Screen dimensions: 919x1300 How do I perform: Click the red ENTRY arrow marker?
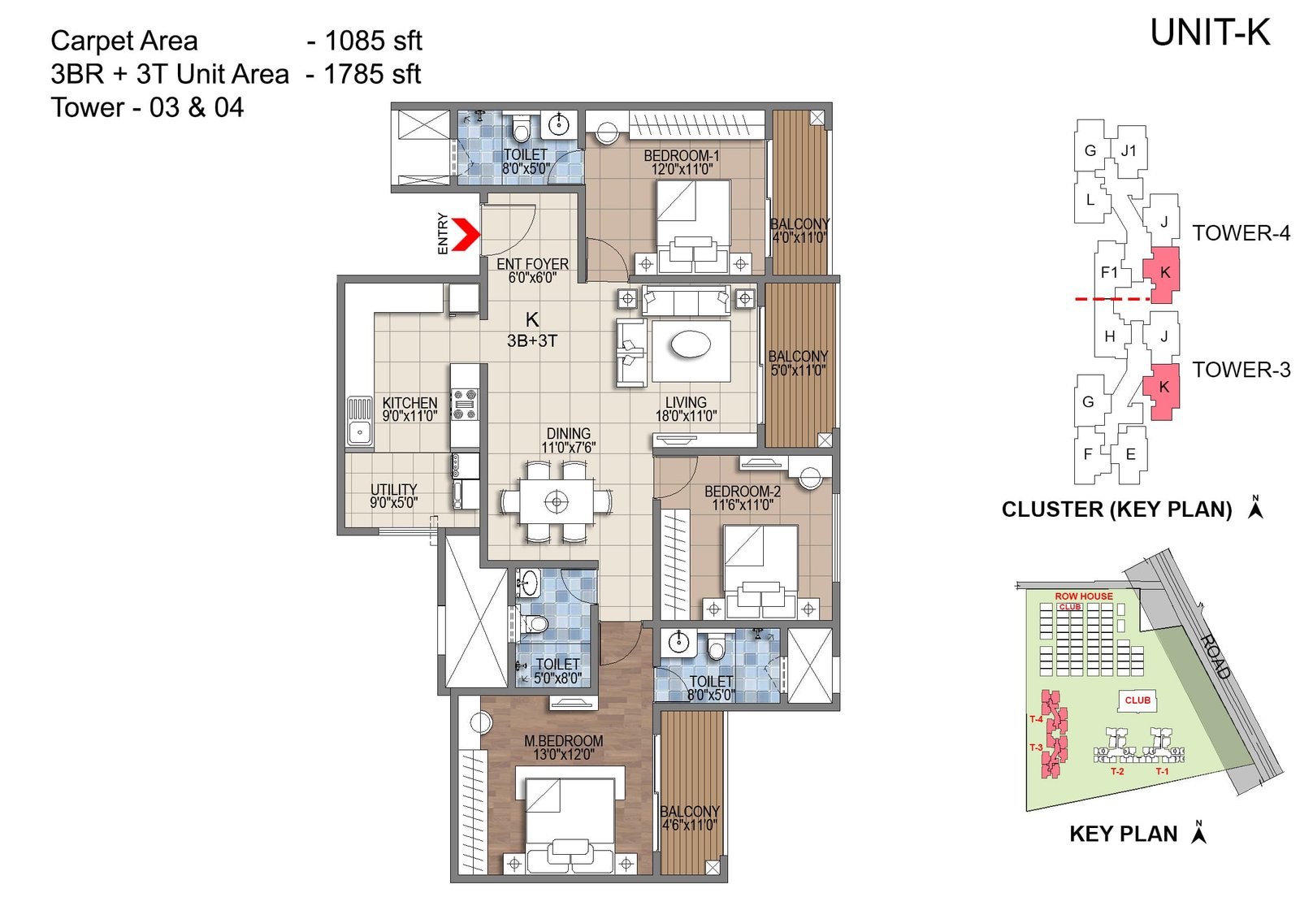point(465,234)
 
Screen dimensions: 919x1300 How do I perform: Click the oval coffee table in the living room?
point(691,345)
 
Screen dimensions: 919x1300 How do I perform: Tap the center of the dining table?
point(557,501)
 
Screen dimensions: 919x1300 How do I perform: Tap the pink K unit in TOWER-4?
point(1163,275)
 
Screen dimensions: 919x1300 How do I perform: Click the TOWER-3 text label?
point(1241,371)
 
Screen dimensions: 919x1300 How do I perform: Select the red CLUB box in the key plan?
point(1137,700)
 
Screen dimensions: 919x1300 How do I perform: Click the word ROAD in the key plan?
point(1215,656)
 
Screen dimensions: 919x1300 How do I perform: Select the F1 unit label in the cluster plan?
point(1108,273)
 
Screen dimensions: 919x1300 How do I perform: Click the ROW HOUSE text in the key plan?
point(1083,596)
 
